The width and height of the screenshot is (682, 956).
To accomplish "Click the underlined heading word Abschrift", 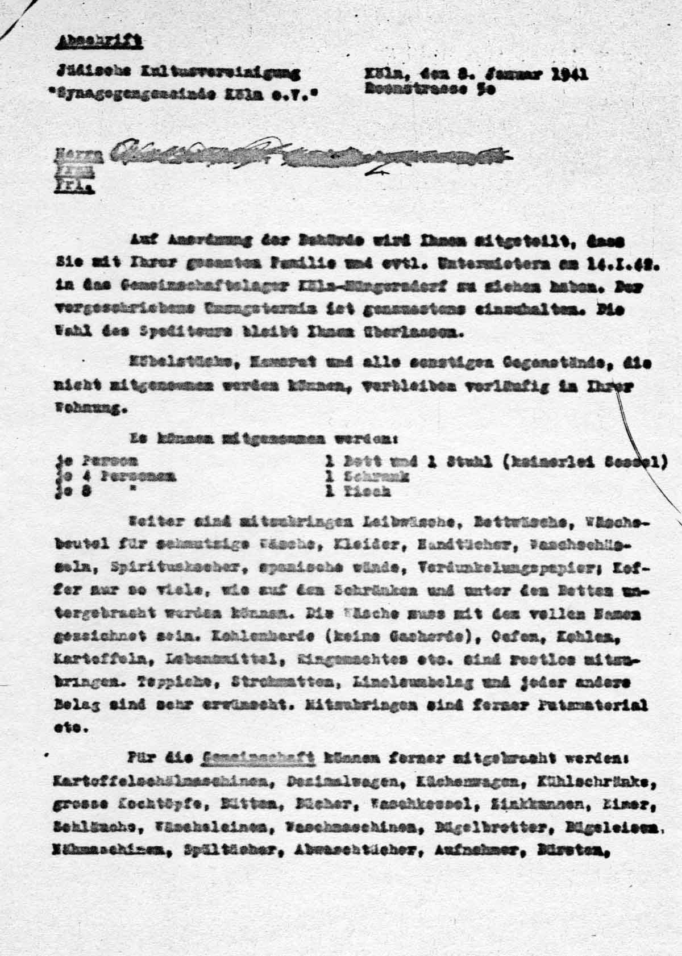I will click(x=99, y=41).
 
